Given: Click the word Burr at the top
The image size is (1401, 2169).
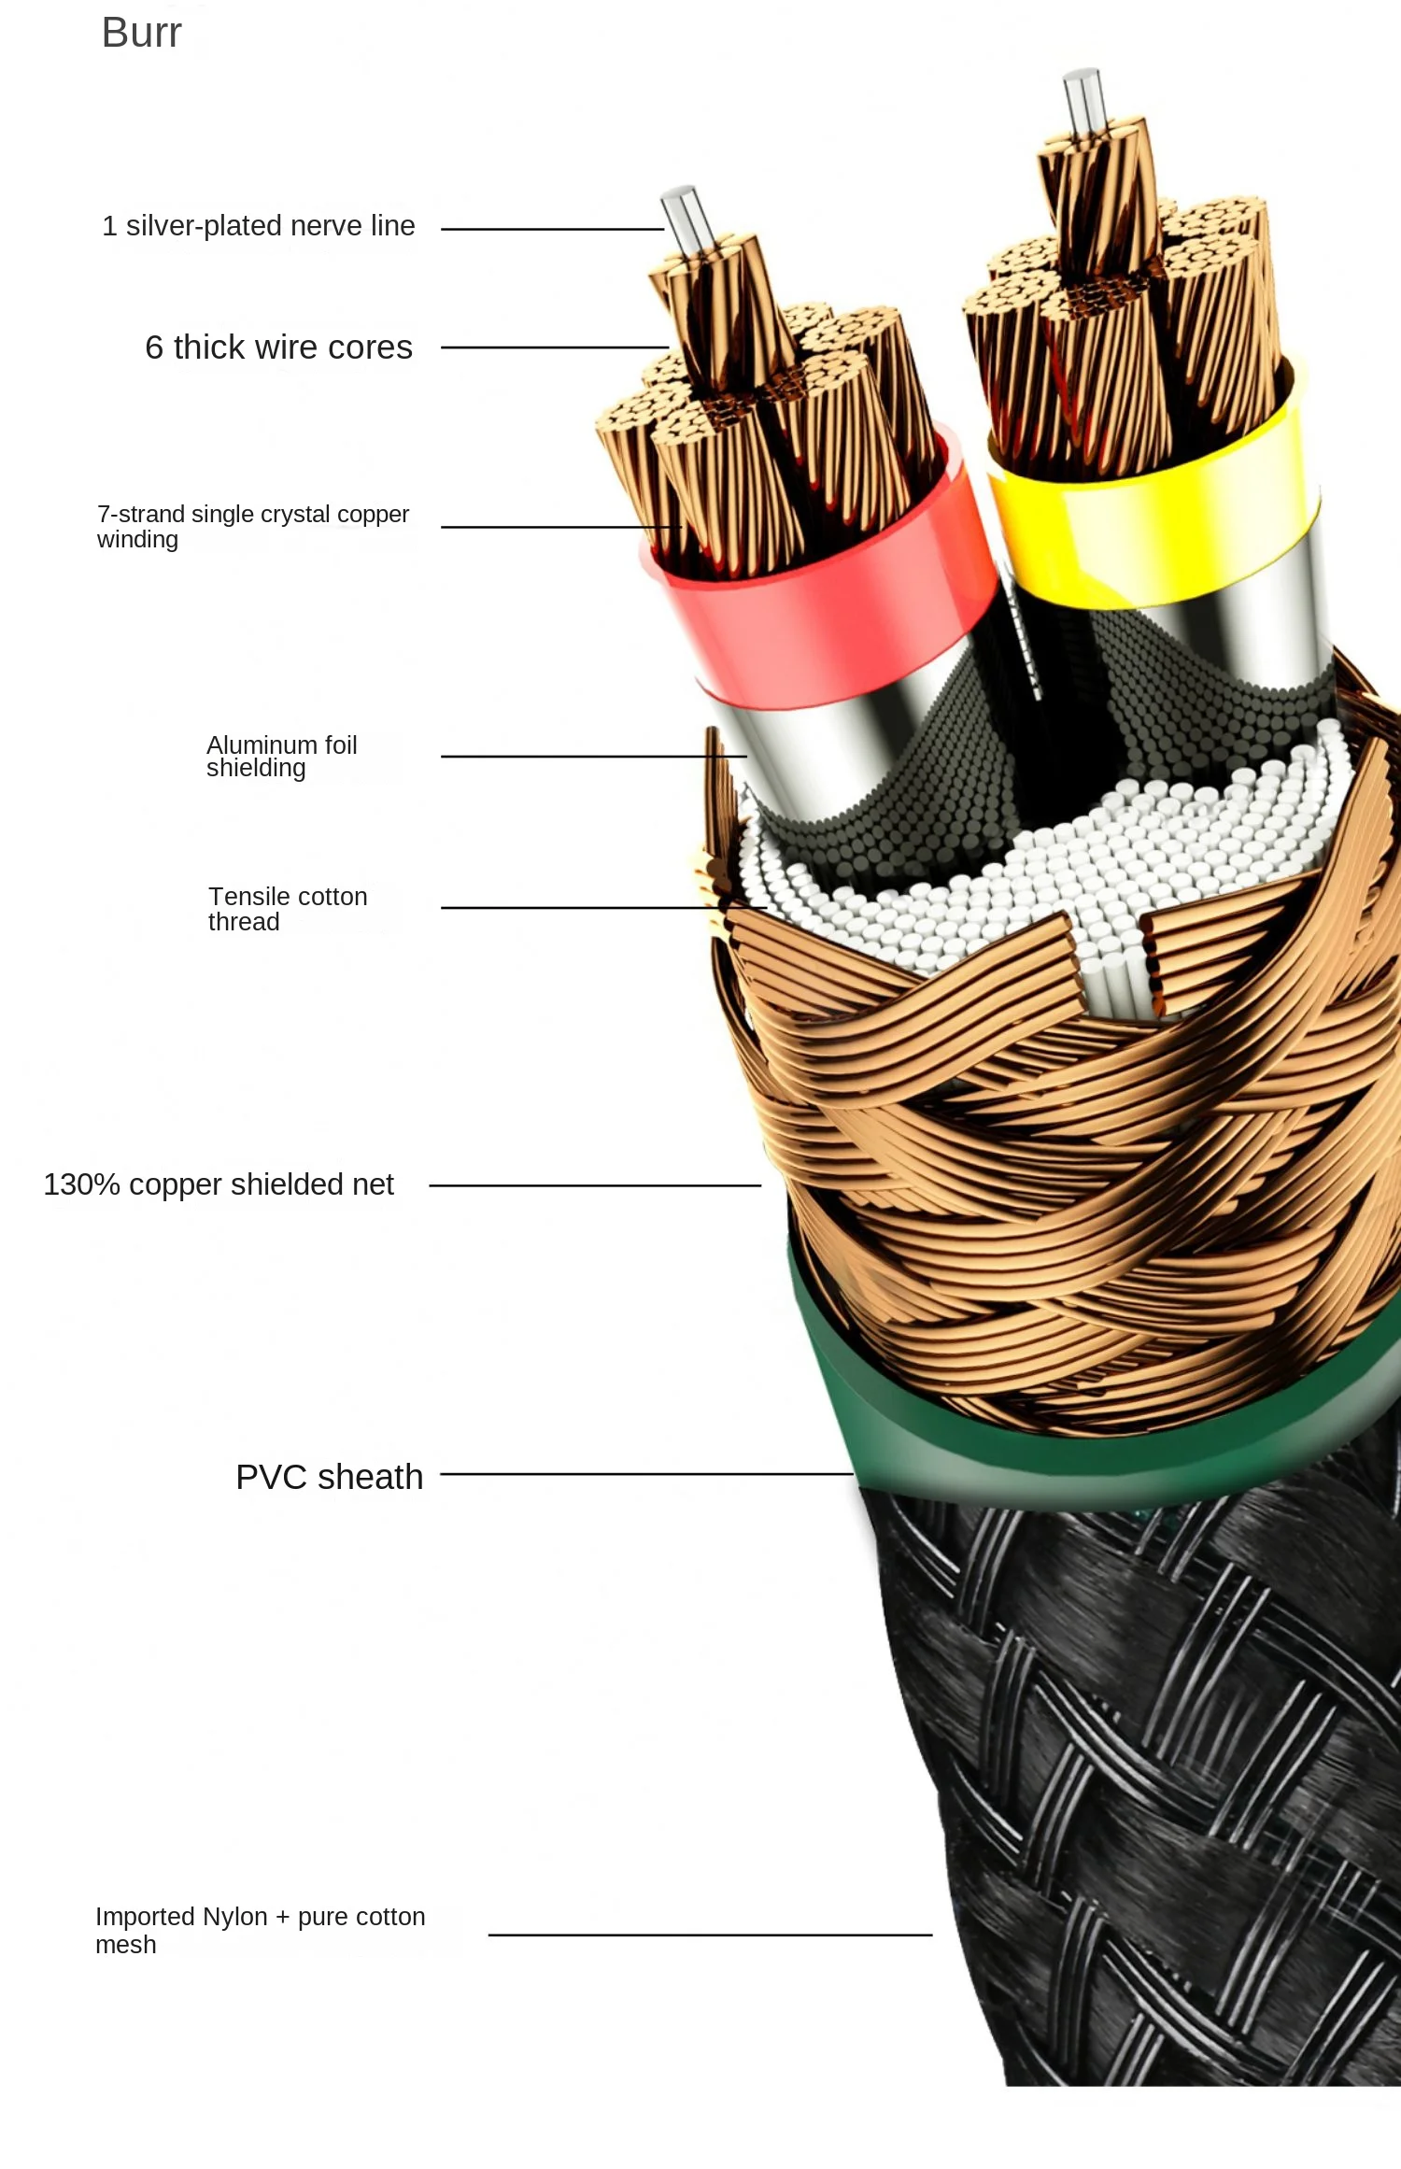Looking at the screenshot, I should [x=141, y=34].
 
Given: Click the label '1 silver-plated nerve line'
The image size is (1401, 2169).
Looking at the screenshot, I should [x=258, y=226].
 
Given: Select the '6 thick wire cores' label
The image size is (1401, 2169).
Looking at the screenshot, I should [x=278, y=347].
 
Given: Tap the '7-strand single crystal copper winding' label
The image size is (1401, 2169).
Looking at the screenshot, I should [x=252, y=526].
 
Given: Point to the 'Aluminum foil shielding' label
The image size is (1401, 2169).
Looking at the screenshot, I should [x=281, y=757].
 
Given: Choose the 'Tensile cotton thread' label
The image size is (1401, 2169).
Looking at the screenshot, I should [x=287, y=909].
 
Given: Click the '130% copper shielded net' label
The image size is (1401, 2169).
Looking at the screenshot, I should [x=219, y=1184].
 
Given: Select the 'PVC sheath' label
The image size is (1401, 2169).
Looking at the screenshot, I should [x=329, y=1477].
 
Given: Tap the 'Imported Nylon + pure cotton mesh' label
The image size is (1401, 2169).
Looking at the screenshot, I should [x=260, y=1930].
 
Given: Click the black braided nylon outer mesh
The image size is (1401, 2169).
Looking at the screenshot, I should [x=1139, y=1775].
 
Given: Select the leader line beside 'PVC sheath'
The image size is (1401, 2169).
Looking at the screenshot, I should [x=644, y=1474].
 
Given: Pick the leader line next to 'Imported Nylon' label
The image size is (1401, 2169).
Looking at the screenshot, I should [x=710, y=1935].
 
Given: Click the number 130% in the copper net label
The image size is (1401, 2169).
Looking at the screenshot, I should [x=82, y=1184].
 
